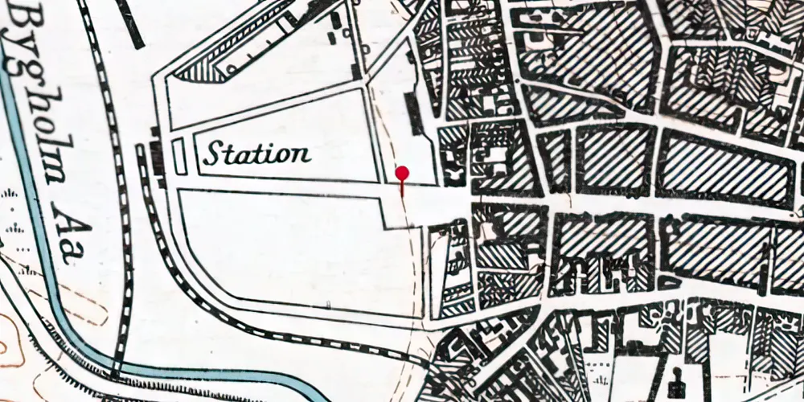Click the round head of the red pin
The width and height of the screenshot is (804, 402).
pyautogui.click(x=403, y=173)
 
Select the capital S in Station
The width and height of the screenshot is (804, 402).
pyautogui.click(x=212, y=153)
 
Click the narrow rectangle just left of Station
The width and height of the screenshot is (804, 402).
pyautogui.click(x=179, y=155)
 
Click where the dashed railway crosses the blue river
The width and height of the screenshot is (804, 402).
pyautogui.click(x=119, y=371)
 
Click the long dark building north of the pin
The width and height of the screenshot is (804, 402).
pyautogui.click(x=414, y=113)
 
